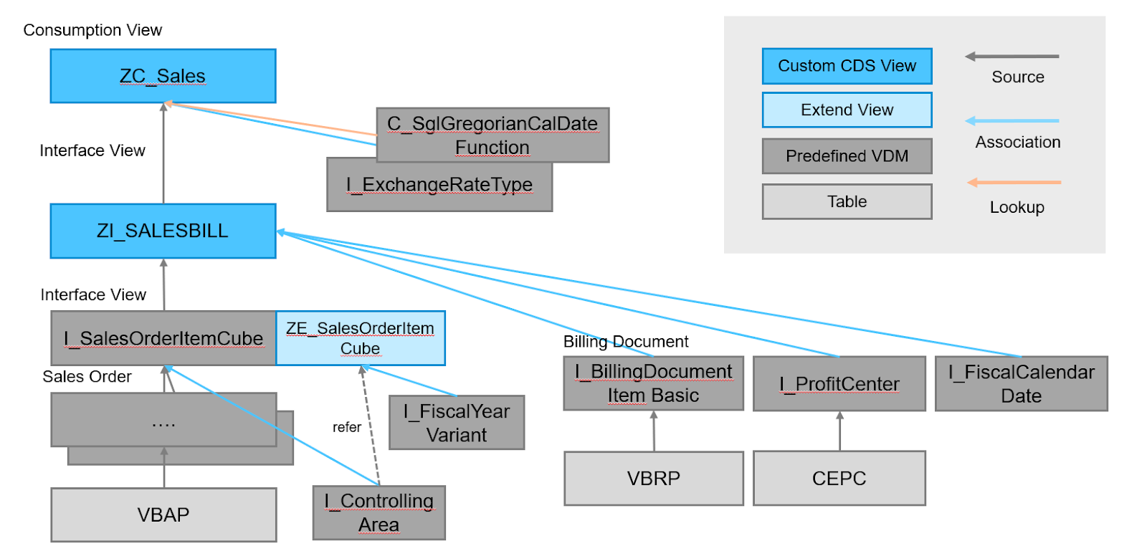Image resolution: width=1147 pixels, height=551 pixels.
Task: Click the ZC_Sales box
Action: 163,76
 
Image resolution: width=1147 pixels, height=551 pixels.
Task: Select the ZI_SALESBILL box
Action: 163,231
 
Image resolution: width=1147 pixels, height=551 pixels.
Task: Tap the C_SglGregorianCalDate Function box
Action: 492,135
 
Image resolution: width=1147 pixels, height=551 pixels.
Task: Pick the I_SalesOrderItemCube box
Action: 163,338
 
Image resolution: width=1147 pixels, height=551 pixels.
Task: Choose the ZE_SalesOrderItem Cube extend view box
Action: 360,338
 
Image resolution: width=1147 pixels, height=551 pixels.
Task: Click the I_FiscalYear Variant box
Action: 457,423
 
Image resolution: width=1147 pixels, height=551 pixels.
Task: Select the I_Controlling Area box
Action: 379,513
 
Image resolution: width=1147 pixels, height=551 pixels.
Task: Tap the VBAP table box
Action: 163,514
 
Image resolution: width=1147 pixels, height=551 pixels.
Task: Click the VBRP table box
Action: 653,478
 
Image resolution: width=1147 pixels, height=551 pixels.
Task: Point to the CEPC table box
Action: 839,478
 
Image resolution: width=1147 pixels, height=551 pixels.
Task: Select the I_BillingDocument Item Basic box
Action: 653,383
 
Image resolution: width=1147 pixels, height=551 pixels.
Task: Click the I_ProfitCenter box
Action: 839,384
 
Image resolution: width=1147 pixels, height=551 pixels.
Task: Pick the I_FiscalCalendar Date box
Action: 1021,384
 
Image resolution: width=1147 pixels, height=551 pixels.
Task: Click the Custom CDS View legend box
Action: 847,66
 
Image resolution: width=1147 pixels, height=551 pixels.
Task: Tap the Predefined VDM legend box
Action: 847,156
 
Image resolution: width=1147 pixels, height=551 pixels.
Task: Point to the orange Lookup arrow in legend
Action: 1014,183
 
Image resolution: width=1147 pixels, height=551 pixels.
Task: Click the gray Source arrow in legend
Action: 1012,56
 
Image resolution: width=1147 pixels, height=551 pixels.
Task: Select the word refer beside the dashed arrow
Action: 346,427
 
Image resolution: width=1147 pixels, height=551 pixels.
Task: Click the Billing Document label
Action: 625,342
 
